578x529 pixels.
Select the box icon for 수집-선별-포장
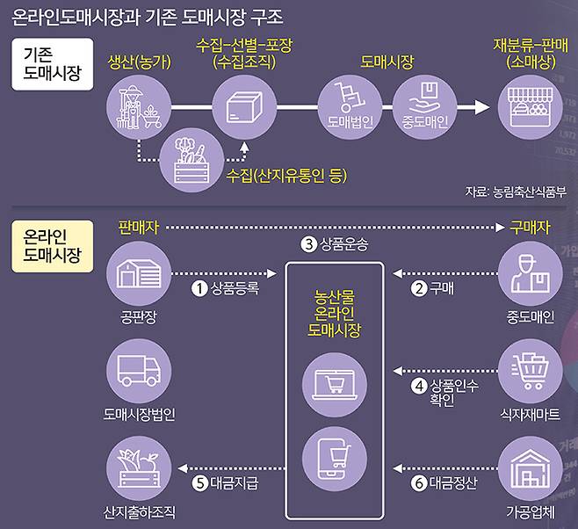[244, 106]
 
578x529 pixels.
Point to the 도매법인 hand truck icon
[350, 99]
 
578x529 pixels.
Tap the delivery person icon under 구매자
[530, 273]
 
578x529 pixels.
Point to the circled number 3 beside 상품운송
[308, 243]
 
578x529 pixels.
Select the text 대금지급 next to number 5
[235, 482]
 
